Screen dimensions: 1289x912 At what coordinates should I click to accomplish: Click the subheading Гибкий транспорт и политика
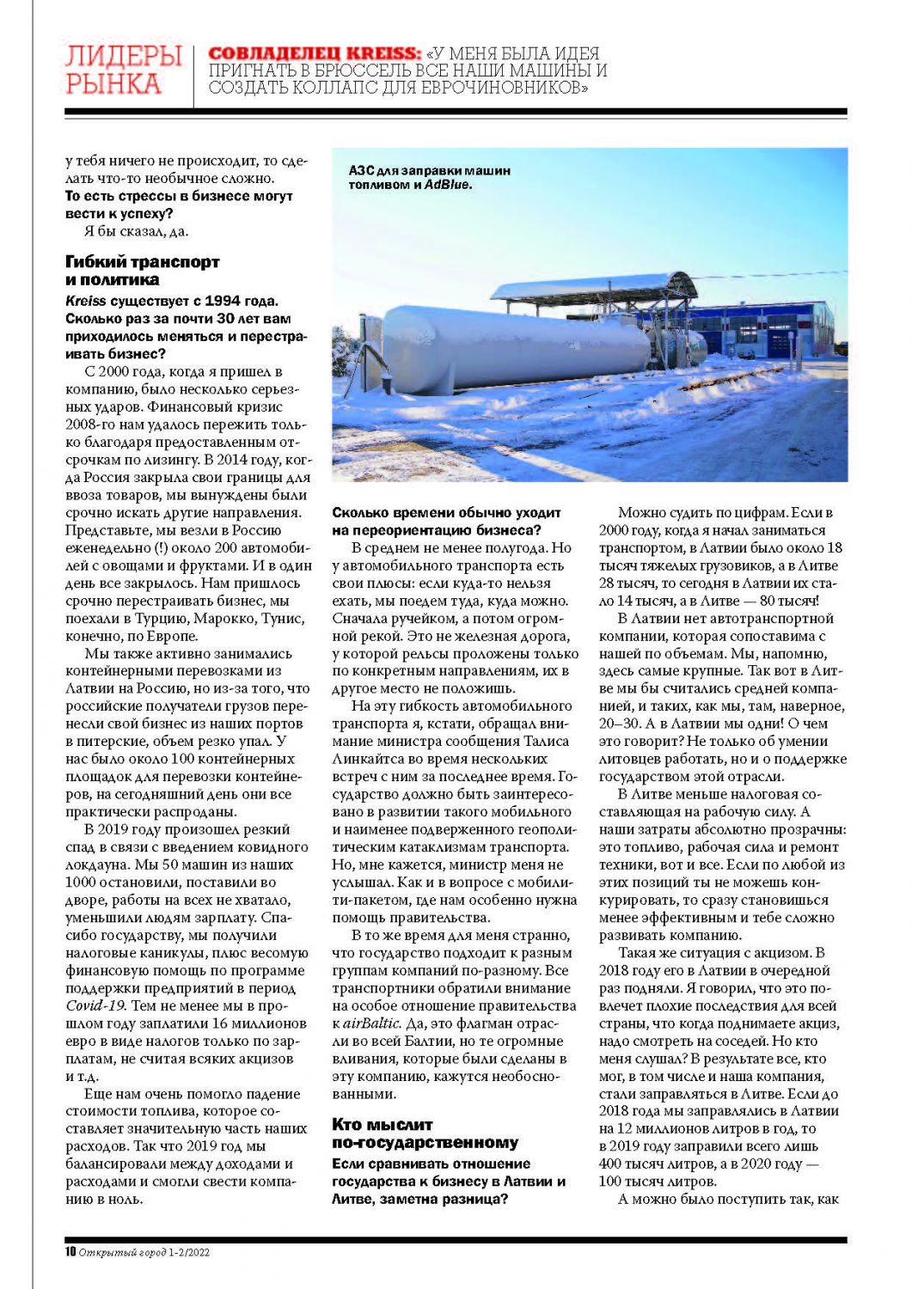coord(142,271)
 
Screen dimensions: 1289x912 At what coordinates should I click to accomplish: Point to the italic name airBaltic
coord(371,1023)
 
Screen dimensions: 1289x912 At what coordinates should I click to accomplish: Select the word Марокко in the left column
coord(226,619)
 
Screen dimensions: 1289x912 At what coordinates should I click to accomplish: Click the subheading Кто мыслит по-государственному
coord(425,1133)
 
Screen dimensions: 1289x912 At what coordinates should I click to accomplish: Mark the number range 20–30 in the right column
coord(617,724)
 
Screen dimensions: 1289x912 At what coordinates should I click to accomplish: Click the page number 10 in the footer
coord(70,1252)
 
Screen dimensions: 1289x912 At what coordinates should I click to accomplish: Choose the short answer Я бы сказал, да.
coord(136,230)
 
